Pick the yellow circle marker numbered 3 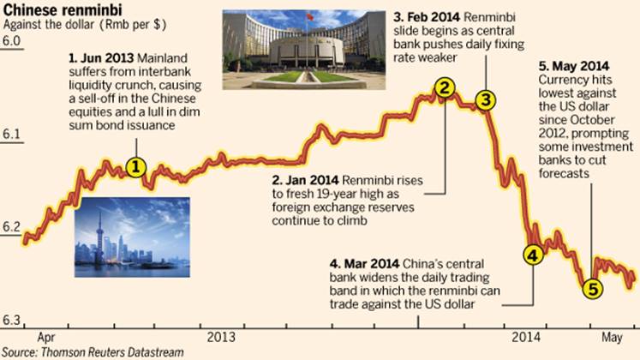485,99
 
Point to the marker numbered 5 591,290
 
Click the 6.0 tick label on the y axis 11,41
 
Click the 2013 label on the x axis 221,336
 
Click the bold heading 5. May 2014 573,64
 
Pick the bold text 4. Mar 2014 363,261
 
